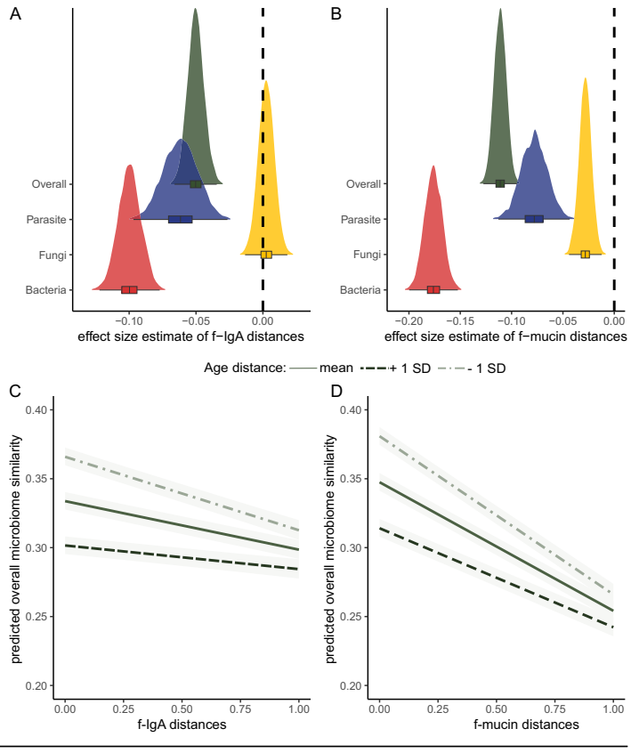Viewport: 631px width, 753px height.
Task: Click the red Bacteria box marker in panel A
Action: pyautogui.click(x=129, y=289)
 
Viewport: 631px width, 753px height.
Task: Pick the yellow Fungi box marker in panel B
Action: pyautogui.click(x=585, y=255)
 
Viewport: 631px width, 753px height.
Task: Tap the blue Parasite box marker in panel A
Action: pyautogui.click(x=180, y=219)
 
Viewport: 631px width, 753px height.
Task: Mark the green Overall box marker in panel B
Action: pyautogui.click(x=500, y=183)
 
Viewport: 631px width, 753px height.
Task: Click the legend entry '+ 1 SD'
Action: pyautogui.click(x=405, y=367)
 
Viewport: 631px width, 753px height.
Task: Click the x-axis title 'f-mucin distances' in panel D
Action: pyautogui.click(x=497, y=725)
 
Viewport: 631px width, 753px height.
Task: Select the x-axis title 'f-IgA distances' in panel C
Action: pyautogui.click(x=182, y=725)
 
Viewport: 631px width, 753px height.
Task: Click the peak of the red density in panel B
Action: pyautogui.click(x=433, y=166)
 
